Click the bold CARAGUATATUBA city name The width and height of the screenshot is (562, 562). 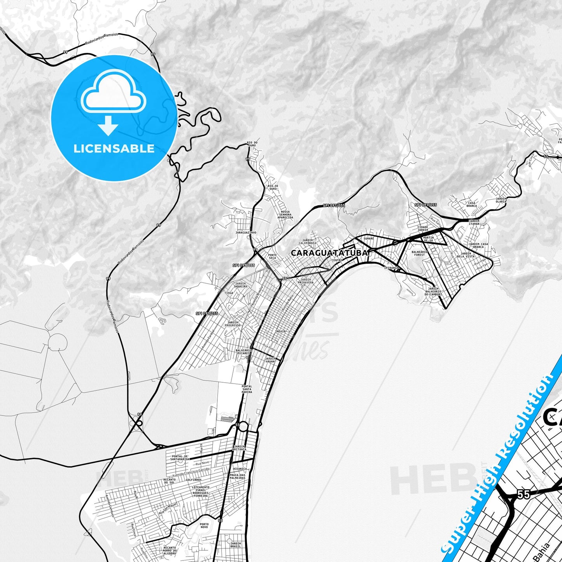[x=329, y=253]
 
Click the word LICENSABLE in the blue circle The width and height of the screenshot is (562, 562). [x=114, y=149]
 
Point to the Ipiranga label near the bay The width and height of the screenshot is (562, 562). [x=390, y=268]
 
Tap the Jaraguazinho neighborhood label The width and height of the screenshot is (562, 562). [x=246, y=233]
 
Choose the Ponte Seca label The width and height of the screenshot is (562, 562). [x=272, y=257]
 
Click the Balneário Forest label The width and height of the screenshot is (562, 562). [x=419, y=253]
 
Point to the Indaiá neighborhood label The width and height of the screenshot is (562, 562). [x=280, y=331]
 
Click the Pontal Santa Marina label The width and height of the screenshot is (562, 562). [x=247, y=389]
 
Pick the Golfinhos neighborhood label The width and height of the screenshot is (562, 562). [x=193, y=480]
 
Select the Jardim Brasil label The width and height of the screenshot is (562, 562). [x=235, y=544]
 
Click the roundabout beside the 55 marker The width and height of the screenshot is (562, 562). [x=243, y=426]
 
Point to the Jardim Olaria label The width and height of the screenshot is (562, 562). [x=501, y=200]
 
